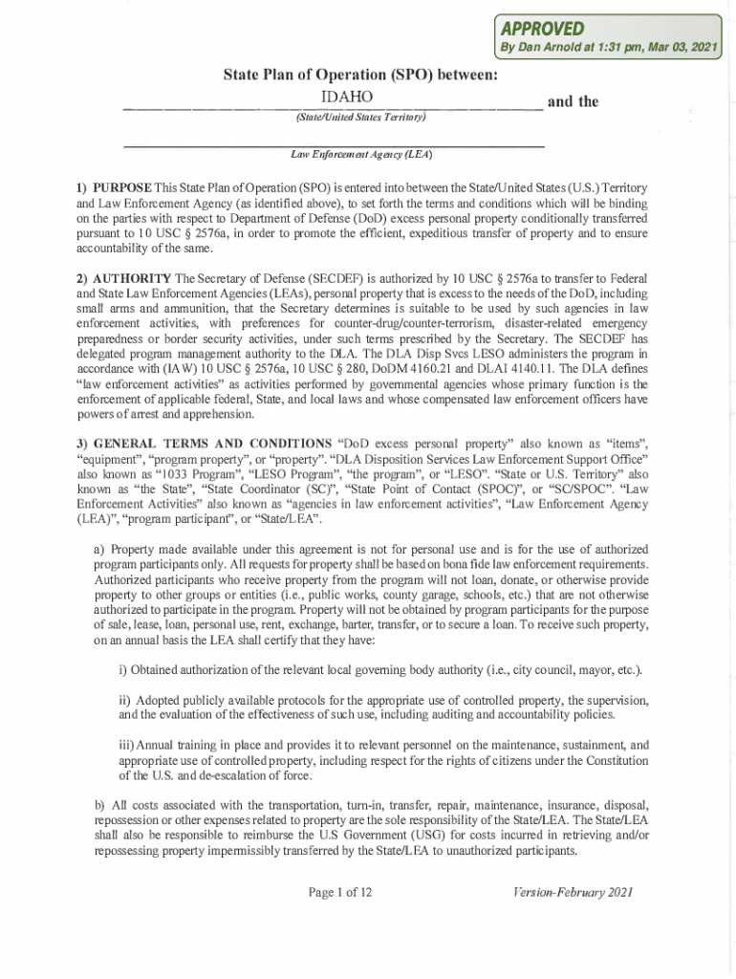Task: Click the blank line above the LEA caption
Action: point(335,143)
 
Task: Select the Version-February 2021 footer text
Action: point(572,892)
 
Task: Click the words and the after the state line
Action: point(572,101)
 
